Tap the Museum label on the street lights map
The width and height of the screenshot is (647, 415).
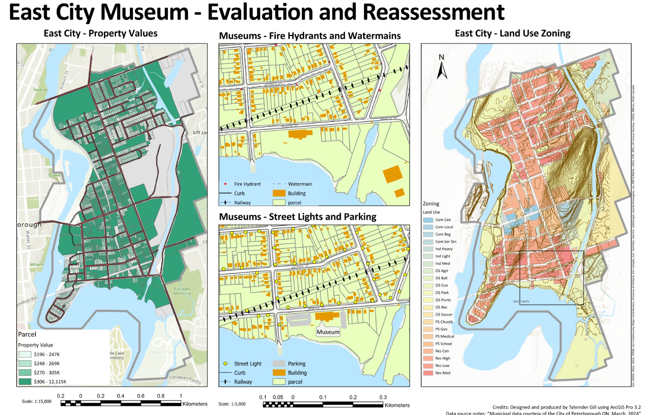(328, 332)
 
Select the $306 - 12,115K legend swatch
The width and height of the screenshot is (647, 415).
(25, 381)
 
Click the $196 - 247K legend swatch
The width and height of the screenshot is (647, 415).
(25, 354)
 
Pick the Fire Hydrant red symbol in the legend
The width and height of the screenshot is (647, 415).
(225, 184)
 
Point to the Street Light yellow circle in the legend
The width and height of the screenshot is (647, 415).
(225, 364)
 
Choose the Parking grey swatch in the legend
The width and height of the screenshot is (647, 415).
(279, 364)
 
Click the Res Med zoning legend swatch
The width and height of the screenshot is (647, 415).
(428, 373)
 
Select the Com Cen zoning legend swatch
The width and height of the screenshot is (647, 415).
(428, 220)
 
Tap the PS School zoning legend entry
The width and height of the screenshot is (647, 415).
(443, 344)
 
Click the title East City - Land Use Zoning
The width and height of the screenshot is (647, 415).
(512, 34)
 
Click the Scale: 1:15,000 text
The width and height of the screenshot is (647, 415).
(36, 401)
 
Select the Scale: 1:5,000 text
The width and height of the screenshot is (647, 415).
(232, 404)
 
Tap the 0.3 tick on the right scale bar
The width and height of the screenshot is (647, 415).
(383, 397)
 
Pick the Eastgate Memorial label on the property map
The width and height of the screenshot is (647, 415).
(182, 291)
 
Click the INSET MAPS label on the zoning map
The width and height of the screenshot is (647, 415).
(521, 301)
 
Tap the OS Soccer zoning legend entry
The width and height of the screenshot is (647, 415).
(443, 315)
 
